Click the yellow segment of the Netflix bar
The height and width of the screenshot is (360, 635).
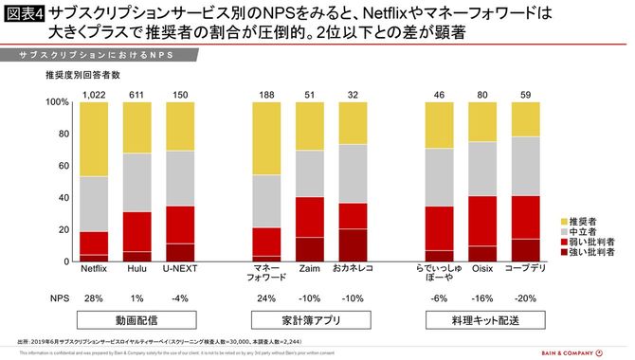[93, 138]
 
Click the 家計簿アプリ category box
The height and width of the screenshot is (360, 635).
[308, 320]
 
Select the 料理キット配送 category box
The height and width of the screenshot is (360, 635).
[484, 320]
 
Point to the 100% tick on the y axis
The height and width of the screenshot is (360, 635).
[57, 102]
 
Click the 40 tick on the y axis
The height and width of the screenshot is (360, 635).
[63, 198]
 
